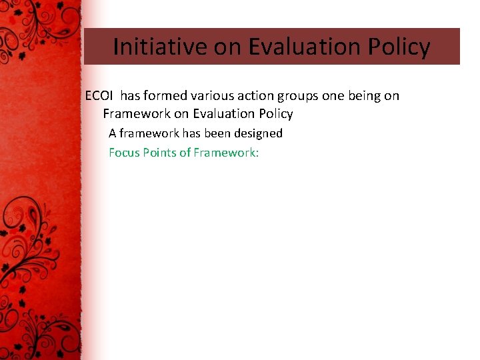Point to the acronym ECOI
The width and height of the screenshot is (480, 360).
coord(99,95)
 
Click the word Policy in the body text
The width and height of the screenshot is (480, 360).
coord(275,114)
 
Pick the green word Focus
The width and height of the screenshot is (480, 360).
coord(124,153)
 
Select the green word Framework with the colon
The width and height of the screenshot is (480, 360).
coord(226,153)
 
